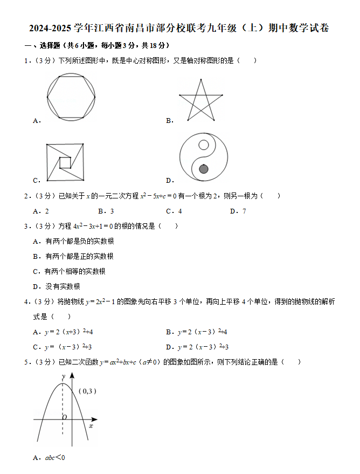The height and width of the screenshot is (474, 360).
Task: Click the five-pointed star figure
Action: coord(200,101)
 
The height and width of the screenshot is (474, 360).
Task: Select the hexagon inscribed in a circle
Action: coord(71,97)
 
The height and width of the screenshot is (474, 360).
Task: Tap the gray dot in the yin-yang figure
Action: coord(203,169)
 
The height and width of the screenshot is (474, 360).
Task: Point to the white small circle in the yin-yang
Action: coord(203,145)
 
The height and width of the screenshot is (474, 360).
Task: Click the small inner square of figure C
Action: coord(65,162)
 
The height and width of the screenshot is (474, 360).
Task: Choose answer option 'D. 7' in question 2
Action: coord(238,211)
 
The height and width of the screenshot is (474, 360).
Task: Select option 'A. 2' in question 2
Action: coord(41,211)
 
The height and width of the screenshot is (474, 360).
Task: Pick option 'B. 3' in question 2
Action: coord(106,211)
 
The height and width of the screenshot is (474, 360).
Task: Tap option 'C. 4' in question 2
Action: coord(174,211)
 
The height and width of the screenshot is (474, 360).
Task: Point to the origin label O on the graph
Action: coord(64,417)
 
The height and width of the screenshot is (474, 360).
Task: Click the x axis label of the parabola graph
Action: coord(91,426)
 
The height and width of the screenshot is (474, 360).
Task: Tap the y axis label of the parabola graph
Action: coord(64,376)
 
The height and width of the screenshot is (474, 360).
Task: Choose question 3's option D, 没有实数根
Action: coord(57,286)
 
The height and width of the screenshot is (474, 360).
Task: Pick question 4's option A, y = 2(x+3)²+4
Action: coord(63,332)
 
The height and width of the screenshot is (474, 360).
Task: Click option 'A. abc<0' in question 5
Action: coord(49,458)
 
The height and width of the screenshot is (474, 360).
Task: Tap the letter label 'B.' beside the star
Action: coord(169,121)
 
